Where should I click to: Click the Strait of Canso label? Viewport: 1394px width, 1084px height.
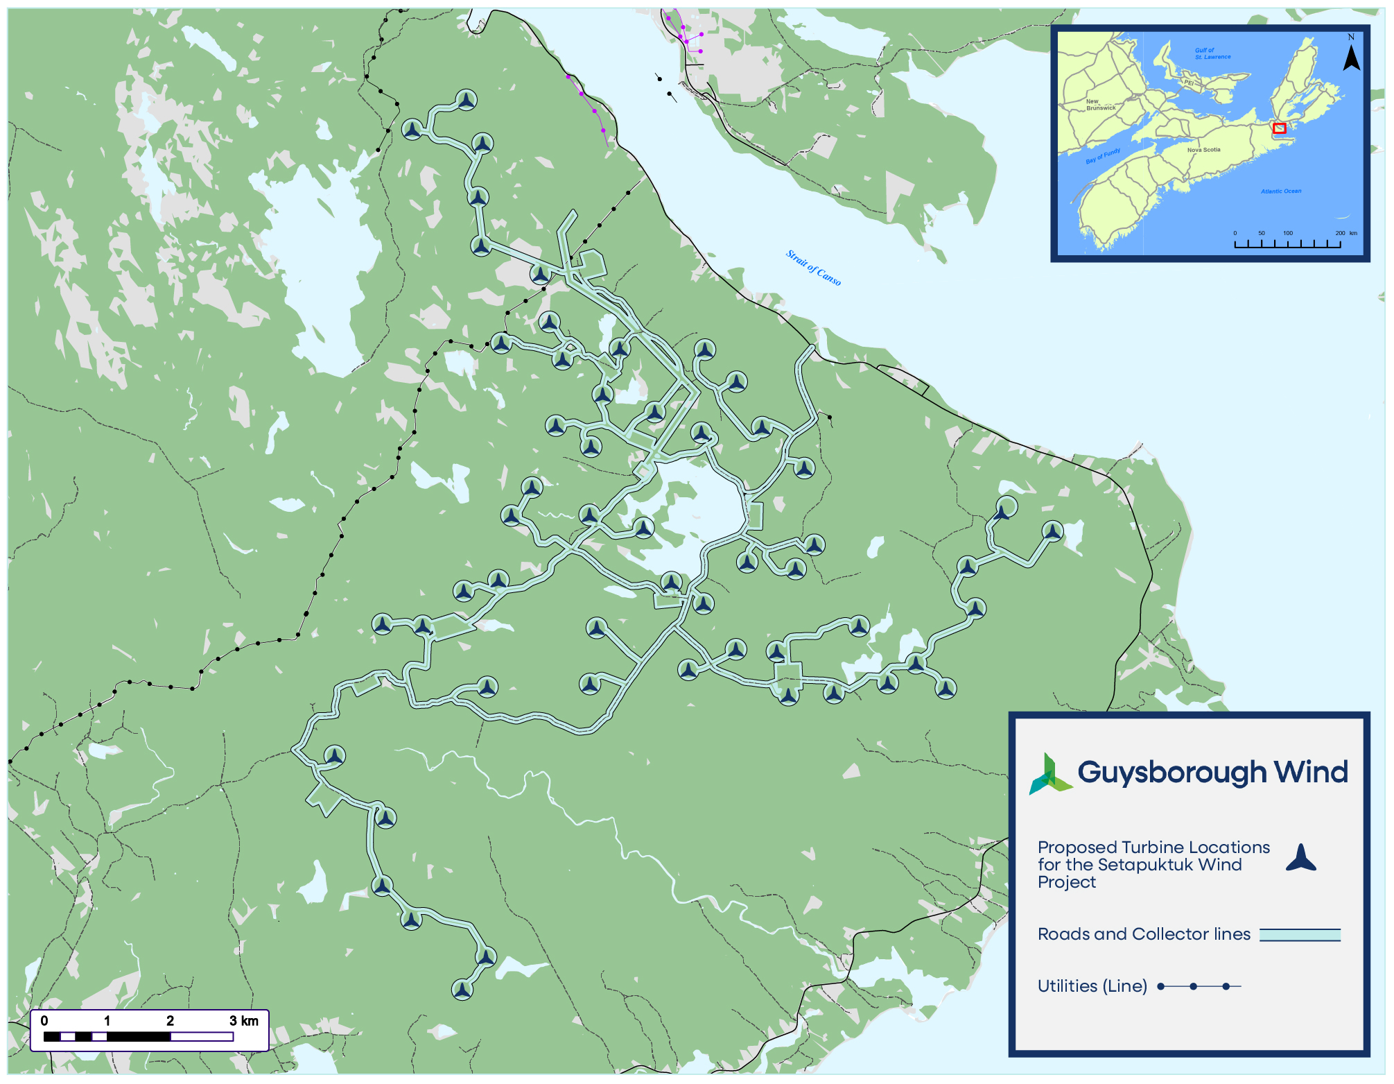coord(813,268)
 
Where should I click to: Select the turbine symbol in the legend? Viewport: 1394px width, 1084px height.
coord(1300,859)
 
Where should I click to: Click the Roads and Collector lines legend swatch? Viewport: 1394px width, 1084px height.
coord(1300,935)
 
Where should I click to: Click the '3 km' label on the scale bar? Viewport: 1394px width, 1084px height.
coord(244,1021)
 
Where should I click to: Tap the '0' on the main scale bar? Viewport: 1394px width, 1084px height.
coord(44,1021)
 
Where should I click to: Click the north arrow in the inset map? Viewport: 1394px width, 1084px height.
coord(1351,55)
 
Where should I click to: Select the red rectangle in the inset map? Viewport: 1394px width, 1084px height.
coord(1280,128)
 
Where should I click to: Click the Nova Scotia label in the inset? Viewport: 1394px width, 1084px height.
coord(1203,150)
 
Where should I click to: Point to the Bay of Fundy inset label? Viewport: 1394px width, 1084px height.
coord(1103,156)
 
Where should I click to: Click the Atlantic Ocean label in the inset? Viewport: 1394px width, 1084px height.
coord(1281,191)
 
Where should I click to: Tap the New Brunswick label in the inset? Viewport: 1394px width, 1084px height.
coord(1100,105)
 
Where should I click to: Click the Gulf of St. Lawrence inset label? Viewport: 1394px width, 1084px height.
coord(1212,53)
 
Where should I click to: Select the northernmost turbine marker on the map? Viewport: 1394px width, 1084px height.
coord(467,100)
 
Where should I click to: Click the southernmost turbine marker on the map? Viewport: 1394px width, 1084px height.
coord(462,989)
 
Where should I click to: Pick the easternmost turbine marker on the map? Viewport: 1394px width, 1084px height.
coord(1052,532)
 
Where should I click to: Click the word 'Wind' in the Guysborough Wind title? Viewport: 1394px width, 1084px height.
coord(1311,772)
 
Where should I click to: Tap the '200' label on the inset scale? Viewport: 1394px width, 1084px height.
coord(1340,233)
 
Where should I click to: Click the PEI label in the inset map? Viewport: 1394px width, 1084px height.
coord(1189,83)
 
